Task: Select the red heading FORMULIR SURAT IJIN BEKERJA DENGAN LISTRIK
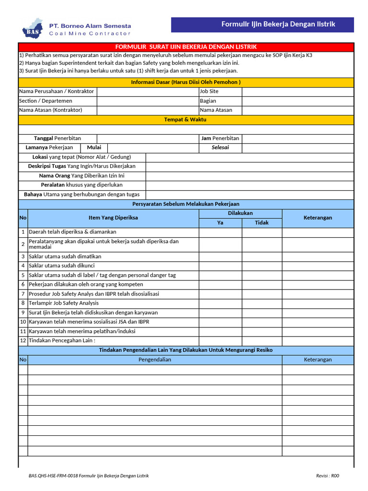(186, 47)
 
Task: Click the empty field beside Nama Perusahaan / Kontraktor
(148, 91)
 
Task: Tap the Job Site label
(209, 91)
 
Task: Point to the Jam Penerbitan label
(220, 138)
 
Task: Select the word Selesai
(220, 147)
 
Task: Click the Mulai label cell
(94, 147)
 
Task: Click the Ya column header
(220, 222)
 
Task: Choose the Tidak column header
(262, 222)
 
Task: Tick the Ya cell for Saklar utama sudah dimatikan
(220, 257)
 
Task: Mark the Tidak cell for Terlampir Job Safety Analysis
(262, 303)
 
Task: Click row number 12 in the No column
(23, 340)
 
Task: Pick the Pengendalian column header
(155, 360)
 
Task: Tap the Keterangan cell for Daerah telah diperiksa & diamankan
(318, 232)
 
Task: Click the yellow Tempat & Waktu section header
(186, 119)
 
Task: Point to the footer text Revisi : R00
(327, 476)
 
